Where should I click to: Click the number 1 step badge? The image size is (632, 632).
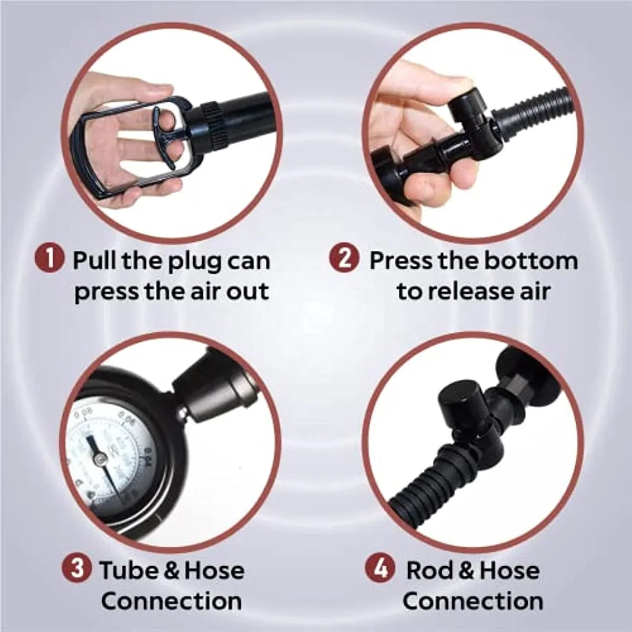coord(51,261)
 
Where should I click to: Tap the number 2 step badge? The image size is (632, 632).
coord(344,261)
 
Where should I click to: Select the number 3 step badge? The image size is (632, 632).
coord(77,570)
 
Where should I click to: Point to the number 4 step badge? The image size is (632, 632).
coord(380,570)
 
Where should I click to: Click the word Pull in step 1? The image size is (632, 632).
coord(94,261)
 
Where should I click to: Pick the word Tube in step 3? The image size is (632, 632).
coord(129,570)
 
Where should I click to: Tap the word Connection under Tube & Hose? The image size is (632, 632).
coord(172,601)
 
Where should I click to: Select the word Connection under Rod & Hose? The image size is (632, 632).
coord(473,601)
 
